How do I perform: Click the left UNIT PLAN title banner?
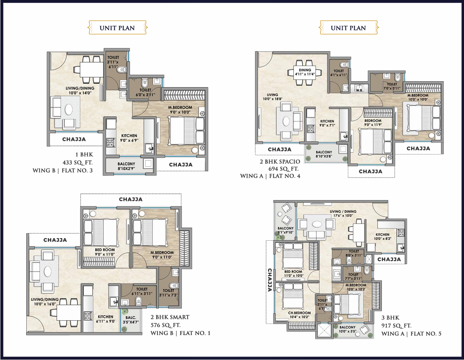coord(117,28)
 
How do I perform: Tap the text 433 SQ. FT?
coord(77,162)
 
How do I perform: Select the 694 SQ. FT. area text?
coord(284,169)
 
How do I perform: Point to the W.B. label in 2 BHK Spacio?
coord(359,90)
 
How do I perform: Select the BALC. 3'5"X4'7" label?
coord(131,320)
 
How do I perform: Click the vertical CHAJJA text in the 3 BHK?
coord(270,280)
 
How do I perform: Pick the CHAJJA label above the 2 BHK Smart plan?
coord(131,199)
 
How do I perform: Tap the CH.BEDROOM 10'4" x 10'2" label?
coord(299,315)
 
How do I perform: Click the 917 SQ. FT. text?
coord(396,326)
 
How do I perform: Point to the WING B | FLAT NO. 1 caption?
coord(180,333)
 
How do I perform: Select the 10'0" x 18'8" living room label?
coord(273,97)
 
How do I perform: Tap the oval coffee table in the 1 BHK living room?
coord(69,110)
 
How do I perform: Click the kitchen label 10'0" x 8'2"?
coord(383,236)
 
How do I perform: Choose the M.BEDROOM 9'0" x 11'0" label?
coord(162,255)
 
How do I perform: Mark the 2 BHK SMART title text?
coord(170,317)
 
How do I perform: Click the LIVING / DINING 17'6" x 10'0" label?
coord(343,214)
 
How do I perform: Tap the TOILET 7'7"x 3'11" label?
coord(354,276)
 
